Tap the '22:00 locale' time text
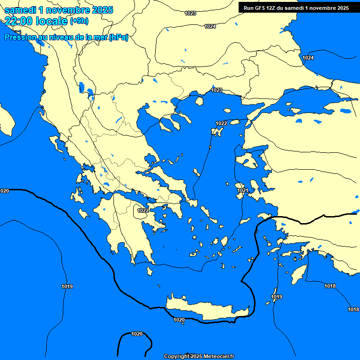pos(36,21)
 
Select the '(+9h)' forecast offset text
pos(79,21)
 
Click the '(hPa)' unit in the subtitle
pos(119,37)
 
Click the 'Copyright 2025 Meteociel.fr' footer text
pos(199,356)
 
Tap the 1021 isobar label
pos(243,190)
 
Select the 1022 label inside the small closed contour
pos(143,210)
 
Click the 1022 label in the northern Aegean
pos(221,123)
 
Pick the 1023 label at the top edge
pos(190,13)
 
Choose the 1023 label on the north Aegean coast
pos(217,90)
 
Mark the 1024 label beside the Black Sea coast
pos(308,58)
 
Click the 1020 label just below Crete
pos(179,320)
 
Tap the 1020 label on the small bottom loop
pos(137,334)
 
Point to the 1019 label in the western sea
pos(67,286)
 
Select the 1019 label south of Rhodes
pos(277,297)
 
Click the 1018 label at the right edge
pos(353,309)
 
